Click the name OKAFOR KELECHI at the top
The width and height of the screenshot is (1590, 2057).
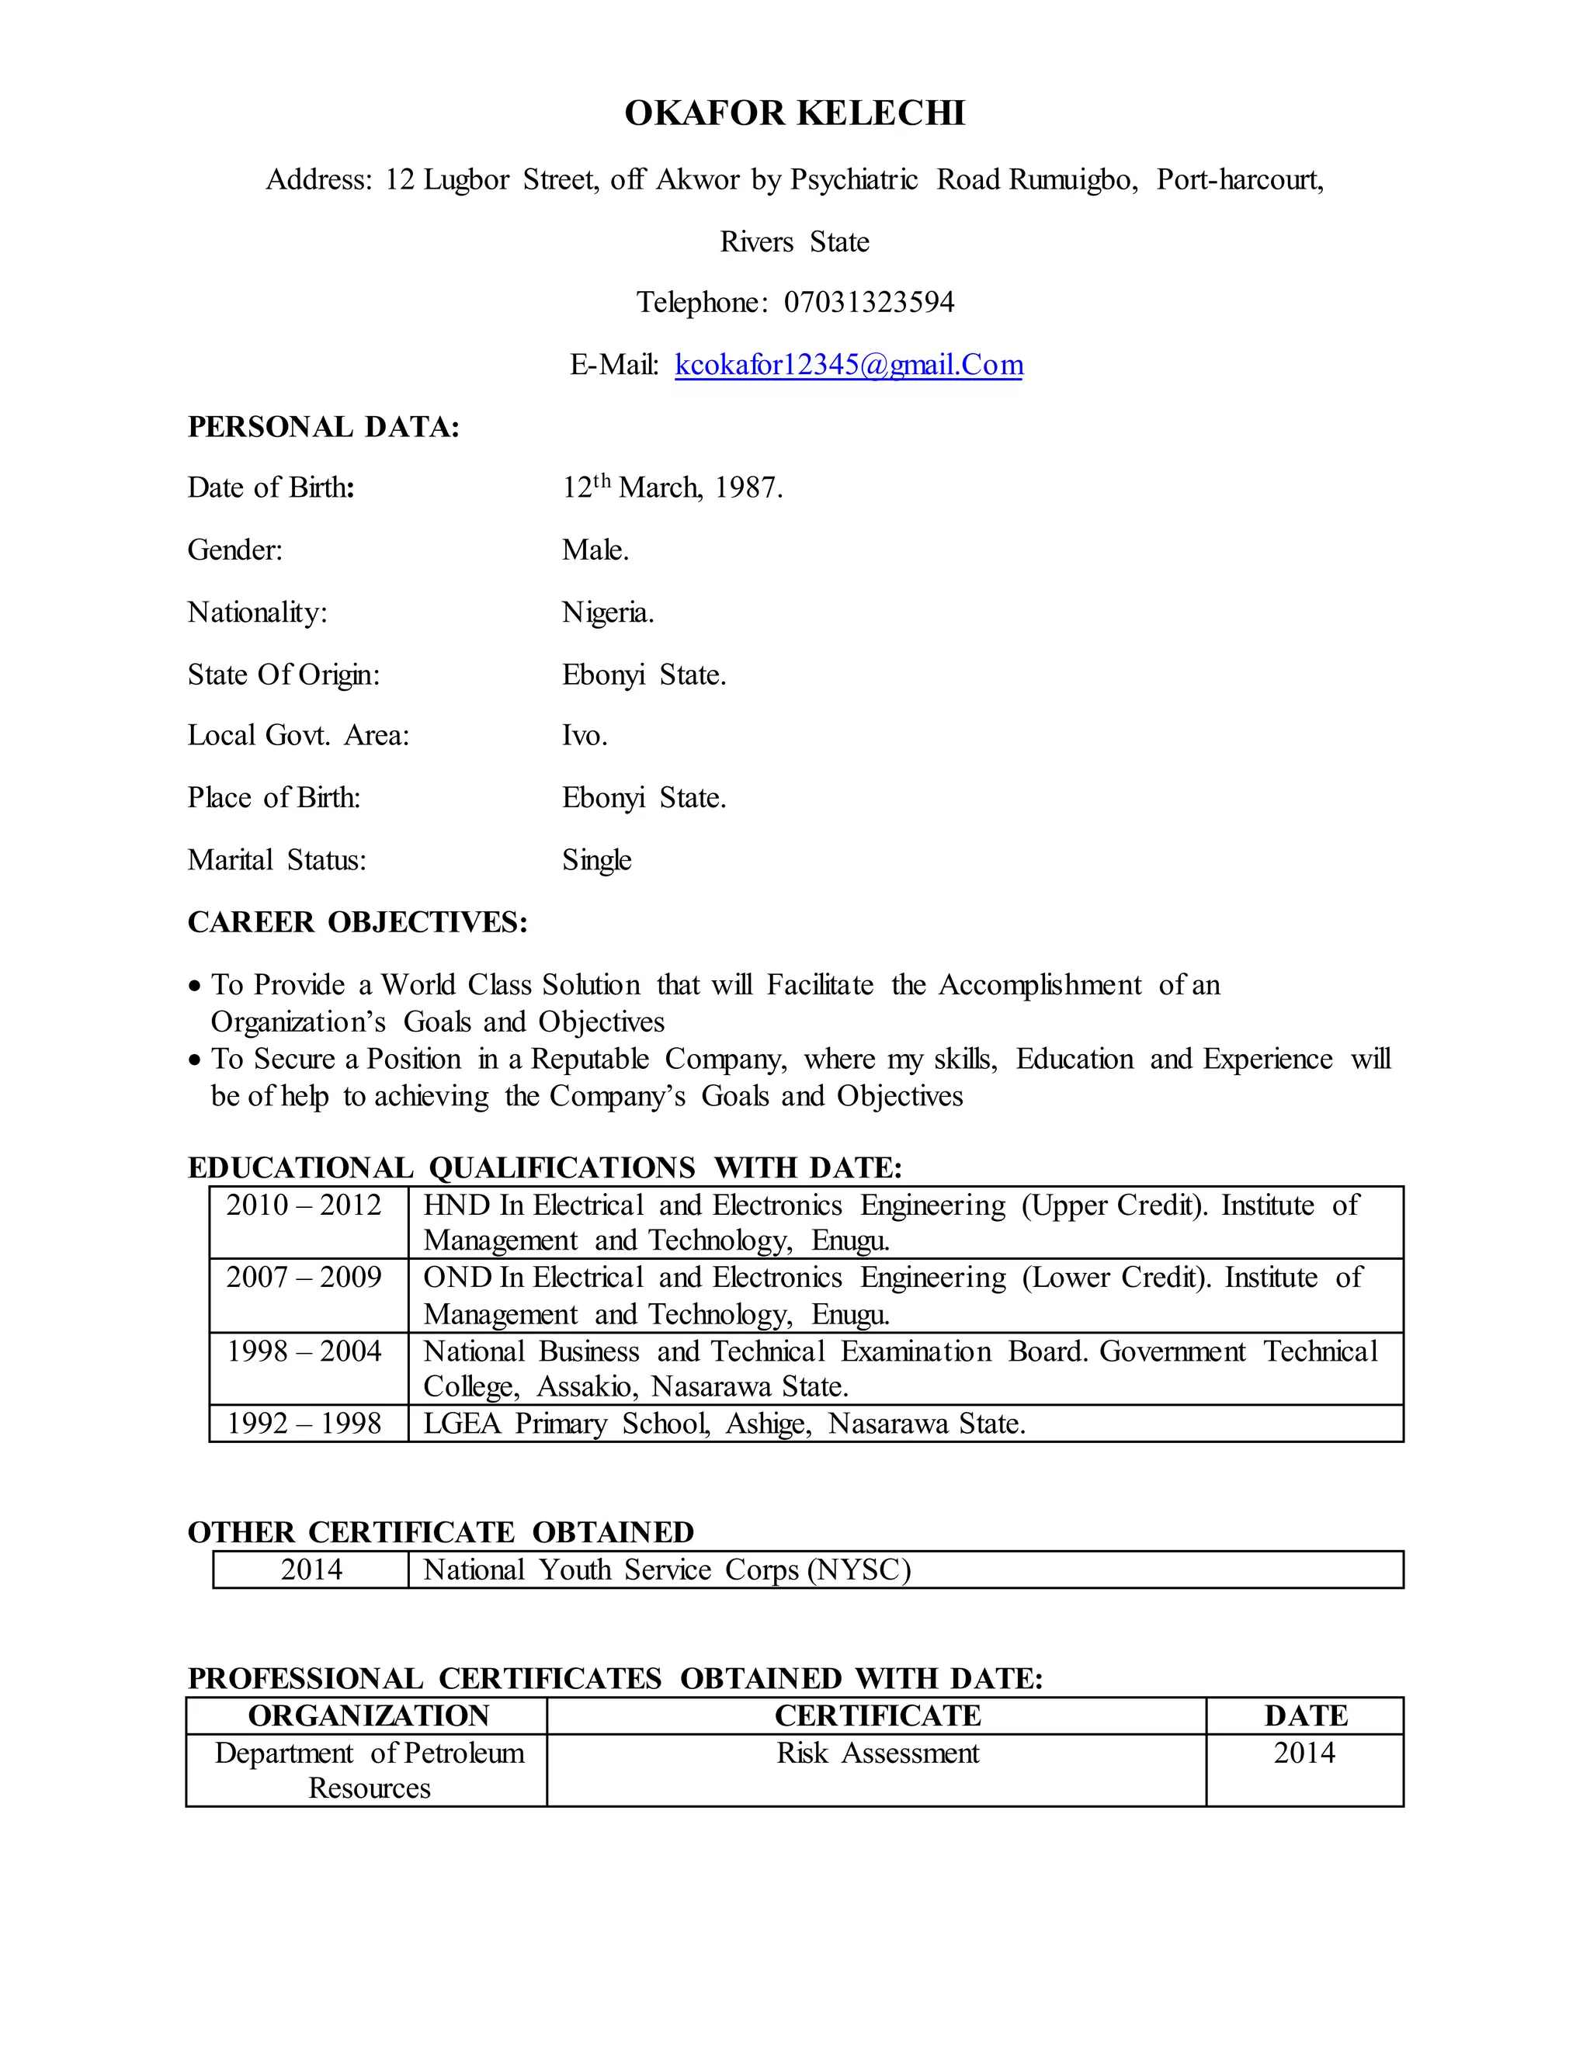tap(794, 113)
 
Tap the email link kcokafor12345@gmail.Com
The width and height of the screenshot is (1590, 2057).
tap(849, 365)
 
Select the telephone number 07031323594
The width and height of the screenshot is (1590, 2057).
tap(869, 302)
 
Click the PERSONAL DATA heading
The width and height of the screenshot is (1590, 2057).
tap(323, 428)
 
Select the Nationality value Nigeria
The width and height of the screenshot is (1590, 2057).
tap(608, 613)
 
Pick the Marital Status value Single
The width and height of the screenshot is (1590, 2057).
tap(596, 860)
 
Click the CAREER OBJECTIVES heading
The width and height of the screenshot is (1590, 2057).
tap(357, 922)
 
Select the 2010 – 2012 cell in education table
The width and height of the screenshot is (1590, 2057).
tap(304, 1205)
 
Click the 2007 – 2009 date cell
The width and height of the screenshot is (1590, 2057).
tap(304, 1278)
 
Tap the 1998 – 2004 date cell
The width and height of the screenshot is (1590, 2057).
tap(304, 1351)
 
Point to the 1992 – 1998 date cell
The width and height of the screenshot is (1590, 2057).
tap(304, 1423)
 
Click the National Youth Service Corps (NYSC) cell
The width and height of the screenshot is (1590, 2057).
tap(667, 1570)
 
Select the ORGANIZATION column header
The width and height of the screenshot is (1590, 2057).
tap(368, 1716)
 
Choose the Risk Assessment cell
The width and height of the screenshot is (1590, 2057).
tap(877, 1753)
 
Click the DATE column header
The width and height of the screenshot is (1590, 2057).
tap(1306, 1716)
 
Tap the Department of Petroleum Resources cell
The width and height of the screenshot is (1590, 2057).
tap(368, 1771)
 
